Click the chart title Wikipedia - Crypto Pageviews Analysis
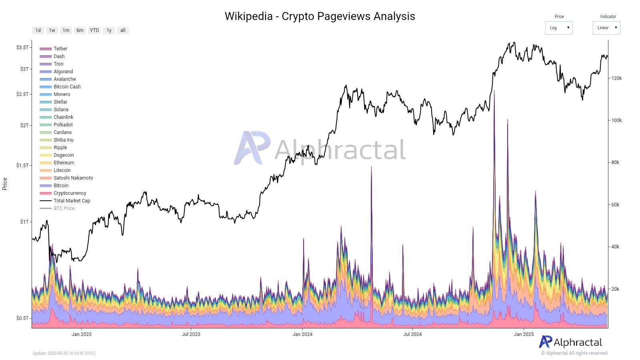tap(320, 16)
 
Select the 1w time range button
tap(52, 30)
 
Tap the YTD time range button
tap(94, 30)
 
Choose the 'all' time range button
tap(123, 30)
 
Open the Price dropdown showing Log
tap(558, 28)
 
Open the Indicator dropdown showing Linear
tap(606, 28)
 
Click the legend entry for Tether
tap(60, 49)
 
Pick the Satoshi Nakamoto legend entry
tap(73, 178)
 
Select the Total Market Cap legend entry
tap(72, 201)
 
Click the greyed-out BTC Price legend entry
tap(64, 208)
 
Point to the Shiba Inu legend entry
tap(63, 140)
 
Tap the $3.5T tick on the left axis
tap(22, 47)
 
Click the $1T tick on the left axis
tap(24, 222)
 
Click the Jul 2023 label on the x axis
tap(191, 334)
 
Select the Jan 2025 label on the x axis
tap(524, 334)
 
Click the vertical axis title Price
tap(5, 184)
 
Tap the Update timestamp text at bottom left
tap(64, 353)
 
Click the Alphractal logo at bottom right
tap(570, 342)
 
